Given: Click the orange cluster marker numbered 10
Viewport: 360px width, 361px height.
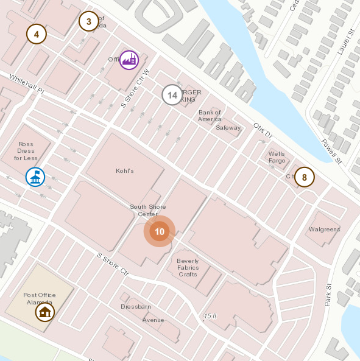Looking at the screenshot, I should click(160, 232).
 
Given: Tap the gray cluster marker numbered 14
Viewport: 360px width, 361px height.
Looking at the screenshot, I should click(172, 95).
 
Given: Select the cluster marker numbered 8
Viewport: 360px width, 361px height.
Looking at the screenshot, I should click(305, 178).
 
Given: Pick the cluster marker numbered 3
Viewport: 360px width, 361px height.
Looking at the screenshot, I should click(88, 22).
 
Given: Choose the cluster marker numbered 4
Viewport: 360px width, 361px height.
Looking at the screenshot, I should click(37, 34).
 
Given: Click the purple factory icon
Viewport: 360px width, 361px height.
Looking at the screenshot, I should click(129, 60).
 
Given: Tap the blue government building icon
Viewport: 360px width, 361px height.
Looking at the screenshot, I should click(35, 177).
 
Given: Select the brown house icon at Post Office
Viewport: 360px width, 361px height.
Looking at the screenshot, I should click(44, 312).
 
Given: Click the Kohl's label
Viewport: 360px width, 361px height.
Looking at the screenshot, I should click(124, 171).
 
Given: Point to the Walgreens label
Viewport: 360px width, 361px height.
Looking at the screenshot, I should click(324, 230).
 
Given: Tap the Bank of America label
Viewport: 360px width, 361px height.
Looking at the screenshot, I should click(210, 116).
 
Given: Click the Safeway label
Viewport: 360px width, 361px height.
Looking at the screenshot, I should click(228, 128).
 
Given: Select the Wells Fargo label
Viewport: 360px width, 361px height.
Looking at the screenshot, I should click(277, 158).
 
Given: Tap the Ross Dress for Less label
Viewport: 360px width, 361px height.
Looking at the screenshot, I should click(26, 151).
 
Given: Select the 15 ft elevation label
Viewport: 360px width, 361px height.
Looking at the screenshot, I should click(210, 316).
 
